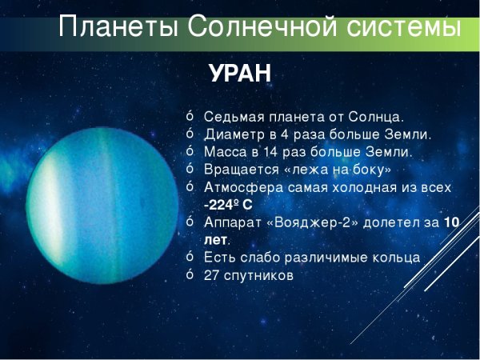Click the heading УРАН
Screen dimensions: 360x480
coord(240,74)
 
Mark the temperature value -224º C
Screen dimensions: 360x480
coord(228,205)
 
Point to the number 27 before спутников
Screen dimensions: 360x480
coord(212,275)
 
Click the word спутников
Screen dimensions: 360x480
coord(259,275)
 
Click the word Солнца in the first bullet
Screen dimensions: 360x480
coord(378,117)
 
